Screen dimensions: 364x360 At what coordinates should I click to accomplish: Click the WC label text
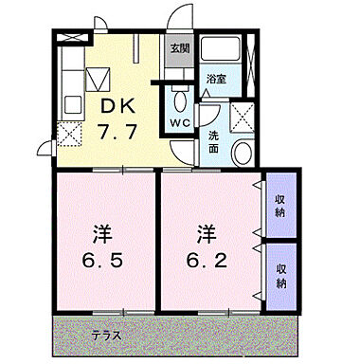[x=180, y=123]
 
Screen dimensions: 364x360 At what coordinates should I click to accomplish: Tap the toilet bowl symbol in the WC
[x=179, y=100]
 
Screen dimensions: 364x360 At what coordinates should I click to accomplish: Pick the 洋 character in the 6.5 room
[x=101, y=233]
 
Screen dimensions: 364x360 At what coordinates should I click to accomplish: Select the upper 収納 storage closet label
[x=281, y=205]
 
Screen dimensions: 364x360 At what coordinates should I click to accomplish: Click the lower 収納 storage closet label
[x=281, y=277]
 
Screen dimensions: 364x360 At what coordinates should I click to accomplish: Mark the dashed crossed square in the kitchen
[x=68, y=133]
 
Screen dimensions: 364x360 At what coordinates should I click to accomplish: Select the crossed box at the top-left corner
[x=68, y=38]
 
